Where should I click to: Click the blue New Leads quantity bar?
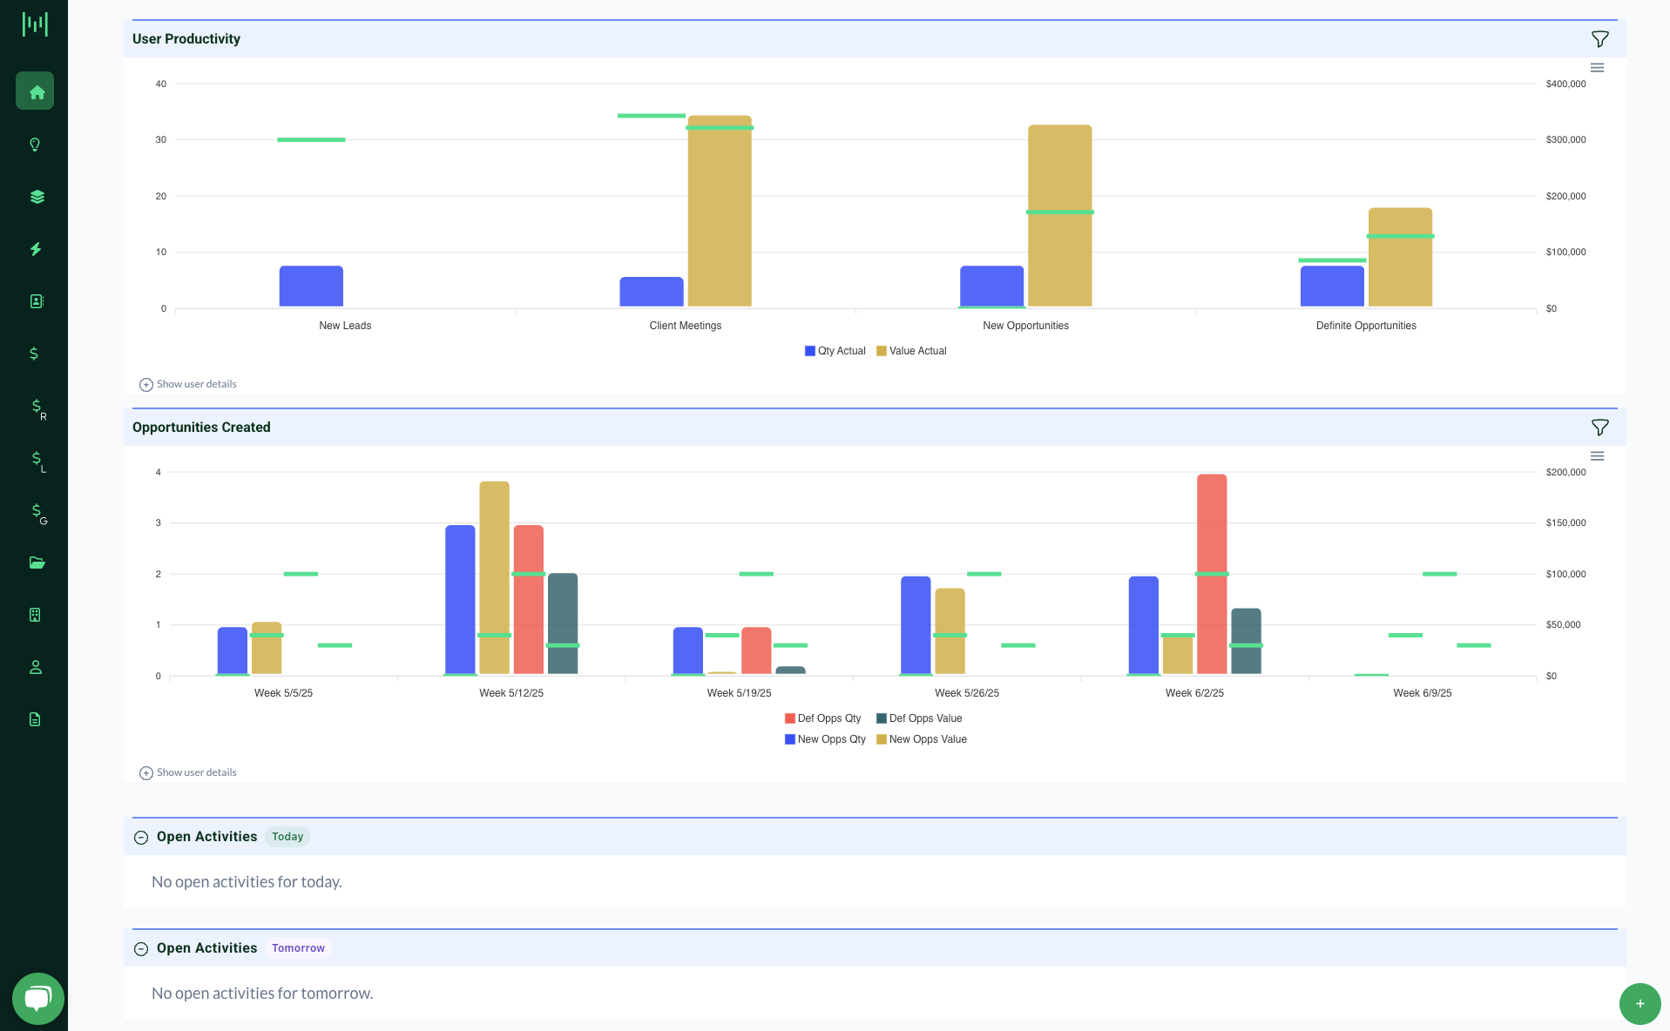click(311, 286)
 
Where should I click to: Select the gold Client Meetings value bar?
click(720, 218)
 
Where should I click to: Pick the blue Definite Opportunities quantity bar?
click(1332, 286)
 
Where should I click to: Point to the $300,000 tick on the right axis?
click(1565, 139)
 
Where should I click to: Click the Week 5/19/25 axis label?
click(739, 693)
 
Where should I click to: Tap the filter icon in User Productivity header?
click(1599, 39)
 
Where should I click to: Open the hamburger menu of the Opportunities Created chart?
click(1597, 456)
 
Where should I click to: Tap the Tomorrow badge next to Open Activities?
click(298, 948)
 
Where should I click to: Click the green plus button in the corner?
click(1640, 1003)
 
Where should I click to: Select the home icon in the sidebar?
click(36, 91)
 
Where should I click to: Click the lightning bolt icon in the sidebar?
click(36, 249)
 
